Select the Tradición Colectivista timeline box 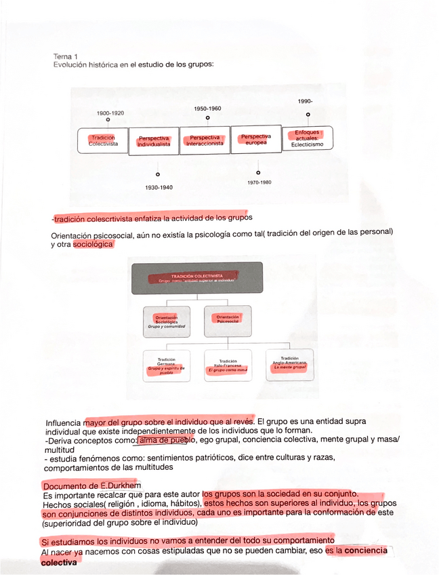coord(103,141)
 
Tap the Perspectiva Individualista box coord(154,141)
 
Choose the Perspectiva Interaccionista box coord(205,140)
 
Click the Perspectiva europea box coord(256,139)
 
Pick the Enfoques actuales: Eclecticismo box coord(308,138)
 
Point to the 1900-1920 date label coord(110,113)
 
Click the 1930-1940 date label coord(159,187)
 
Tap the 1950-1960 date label coord(207,108)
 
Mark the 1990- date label coord(305,102)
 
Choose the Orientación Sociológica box coord(167,321)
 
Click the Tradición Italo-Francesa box coord(228,366)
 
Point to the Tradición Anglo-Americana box coord(289,363)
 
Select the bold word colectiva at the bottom coord(59,562)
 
